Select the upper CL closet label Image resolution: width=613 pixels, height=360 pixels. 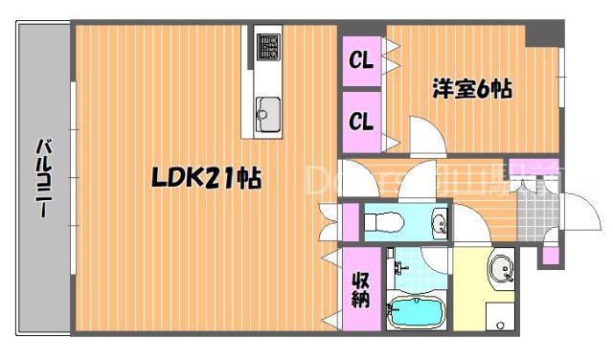point(360,61)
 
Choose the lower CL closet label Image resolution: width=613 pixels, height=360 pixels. point(360,122)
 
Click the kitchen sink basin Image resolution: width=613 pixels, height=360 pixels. point(267,114)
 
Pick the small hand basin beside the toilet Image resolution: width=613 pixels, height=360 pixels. point(440,223)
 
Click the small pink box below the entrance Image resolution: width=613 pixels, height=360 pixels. point(549,255)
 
